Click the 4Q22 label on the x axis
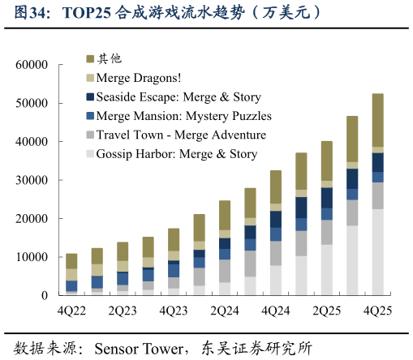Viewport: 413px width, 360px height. tap(71, 311)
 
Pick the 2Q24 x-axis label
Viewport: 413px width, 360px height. tap(224, 311)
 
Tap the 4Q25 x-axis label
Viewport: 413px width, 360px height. tap(377, 311)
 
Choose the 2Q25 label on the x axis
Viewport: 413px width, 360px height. tap(326, 311)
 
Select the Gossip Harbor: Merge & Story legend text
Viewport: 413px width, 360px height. tap(176, 153)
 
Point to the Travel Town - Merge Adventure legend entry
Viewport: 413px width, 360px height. tap(180, 135)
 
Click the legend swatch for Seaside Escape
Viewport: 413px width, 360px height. tap(90, 97)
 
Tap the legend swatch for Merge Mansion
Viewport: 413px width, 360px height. tap(90, 116)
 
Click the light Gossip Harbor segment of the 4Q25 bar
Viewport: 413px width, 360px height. tap(377, 251)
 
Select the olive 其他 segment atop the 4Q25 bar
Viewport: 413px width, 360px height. tap(377, 120)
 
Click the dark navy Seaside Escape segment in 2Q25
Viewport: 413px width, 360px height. tap(326, 197)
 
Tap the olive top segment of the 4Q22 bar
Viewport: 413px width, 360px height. tap(71, 261)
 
